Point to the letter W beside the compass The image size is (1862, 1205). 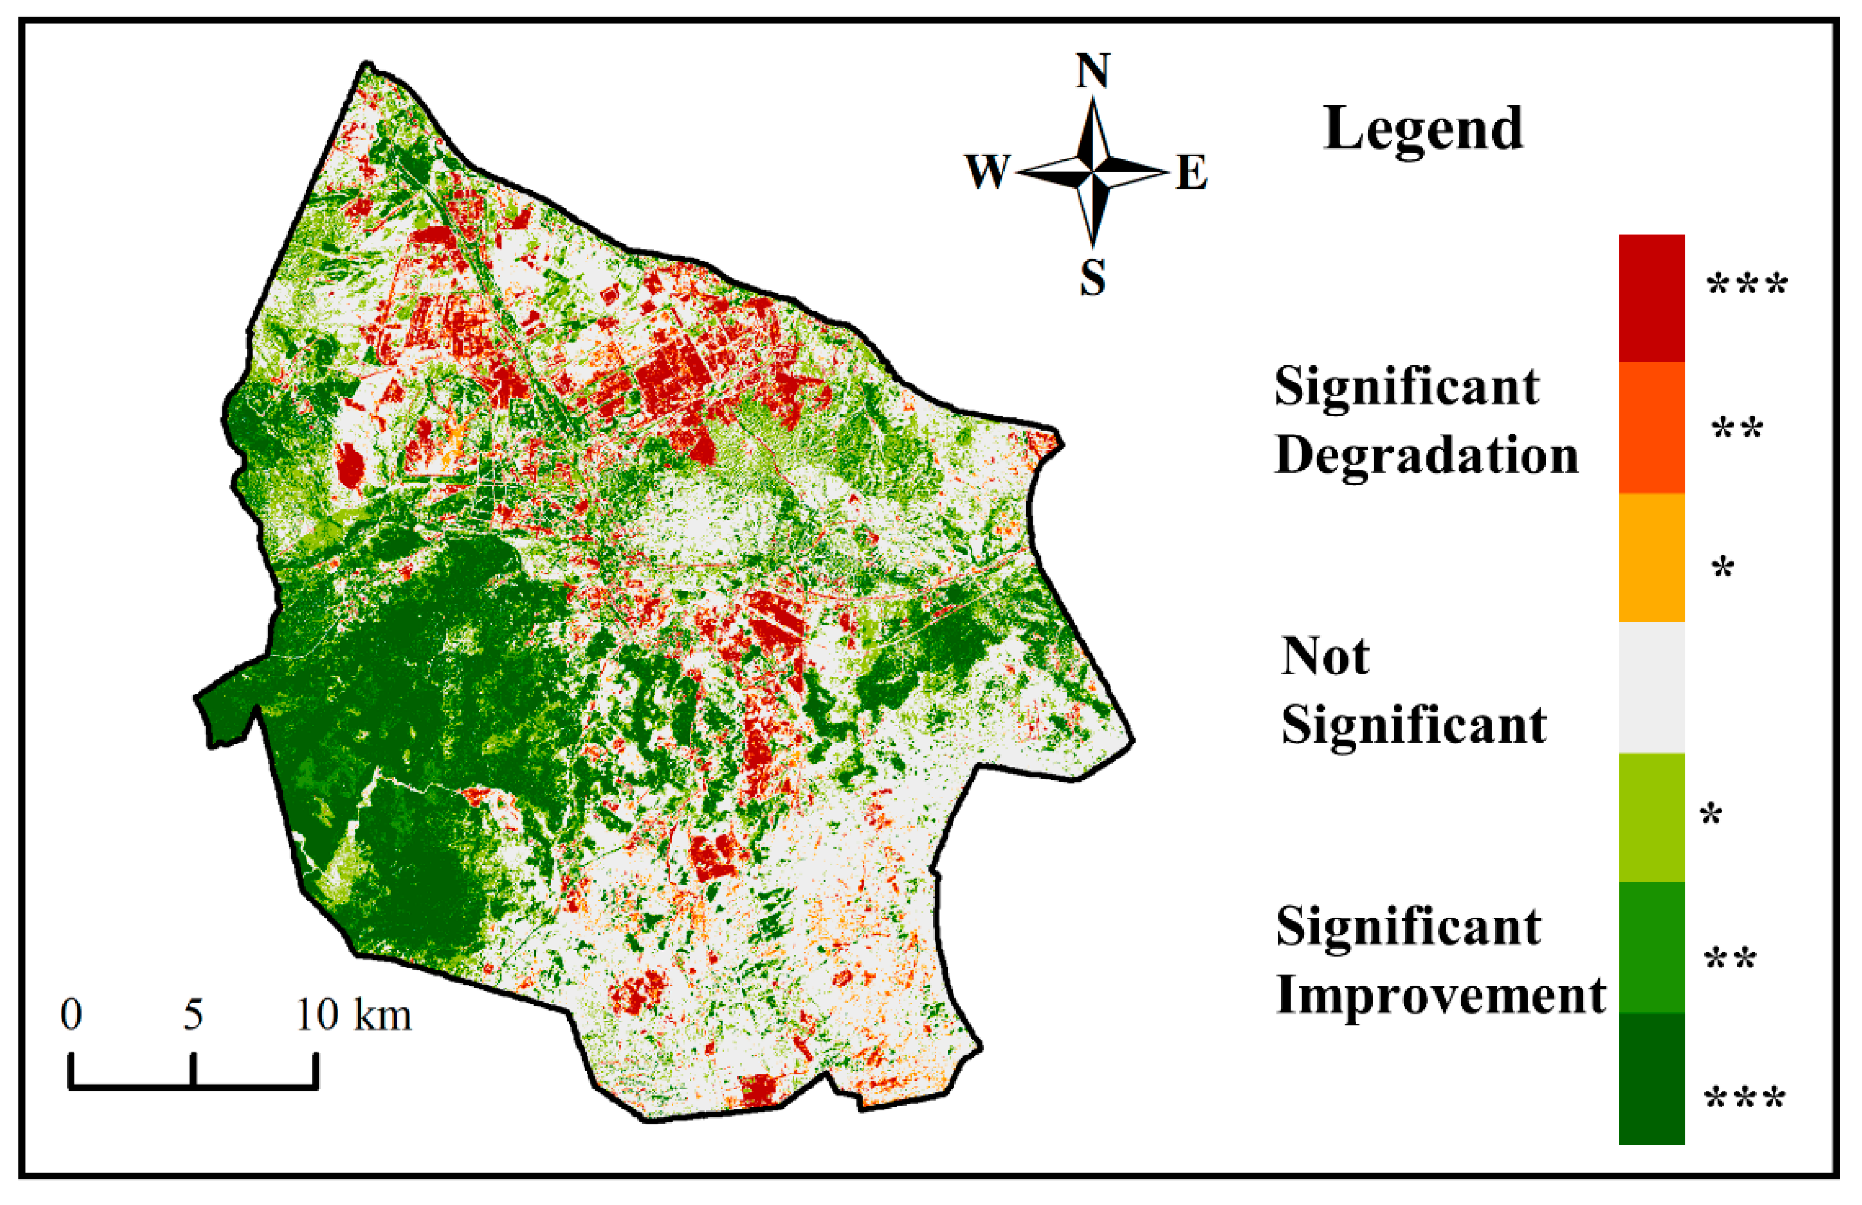tap(987, 171)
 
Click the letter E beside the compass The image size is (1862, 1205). tap(1192, 173)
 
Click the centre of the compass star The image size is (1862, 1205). tap(1093, 171)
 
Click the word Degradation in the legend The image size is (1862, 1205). tap(1426, 456)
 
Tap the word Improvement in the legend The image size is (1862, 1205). tap(1440, 995)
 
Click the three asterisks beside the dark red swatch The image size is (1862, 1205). tap(1747, 286)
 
